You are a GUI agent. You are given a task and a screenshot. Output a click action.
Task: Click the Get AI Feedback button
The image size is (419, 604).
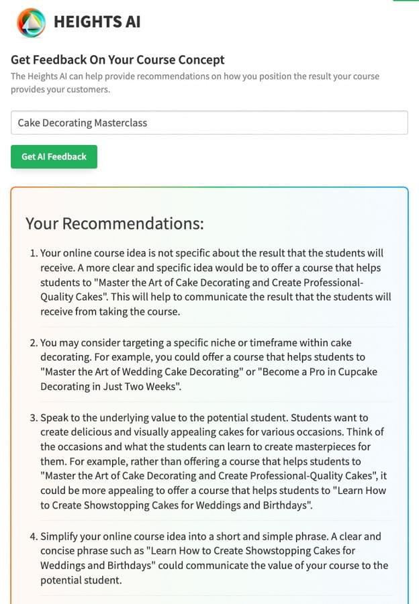[x=54, y=156]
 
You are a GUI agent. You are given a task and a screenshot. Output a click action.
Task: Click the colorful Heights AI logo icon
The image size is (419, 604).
[x=31, y=22]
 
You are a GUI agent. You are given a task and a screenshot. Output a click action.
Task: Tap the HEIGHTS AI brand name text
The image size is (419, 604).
[x=97, y=22]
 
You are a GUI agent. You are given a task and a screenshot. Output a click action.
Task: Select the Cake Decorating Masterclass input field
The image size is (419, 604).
[x=209, y=123]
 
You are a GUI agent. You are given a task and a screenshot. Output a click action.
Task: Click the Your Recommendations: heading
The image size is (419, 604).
[x=114, y=223]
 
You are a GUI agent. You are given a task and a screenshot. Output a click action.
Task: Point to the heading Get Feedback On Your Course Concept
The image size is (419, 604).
[x=118, y=60]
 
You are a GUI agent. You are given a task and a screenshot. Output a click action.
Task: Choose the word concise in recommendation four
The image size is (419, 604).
[x=60, y=551]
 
